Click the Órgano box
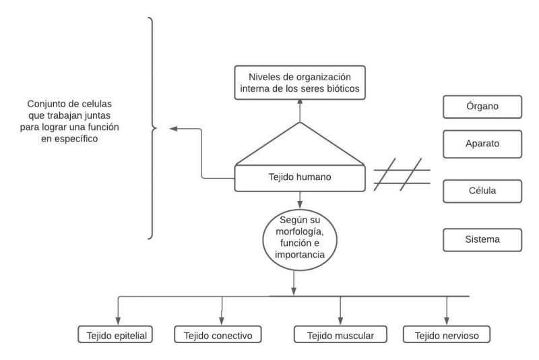coord(482,106)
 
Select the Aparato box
coord(482,144)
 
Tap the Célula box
coord(482,191)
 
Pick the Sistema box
coord(482,238)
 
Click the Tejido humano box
coord(300,178)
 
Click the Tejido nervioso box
coord(446,334)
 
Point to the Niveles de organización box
coord(300,82)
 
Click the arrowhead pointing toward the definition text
coord(173,128)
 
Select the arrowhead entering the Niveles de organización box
coord(300,101)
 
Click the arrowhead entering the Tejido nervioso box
coord(446,322)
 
